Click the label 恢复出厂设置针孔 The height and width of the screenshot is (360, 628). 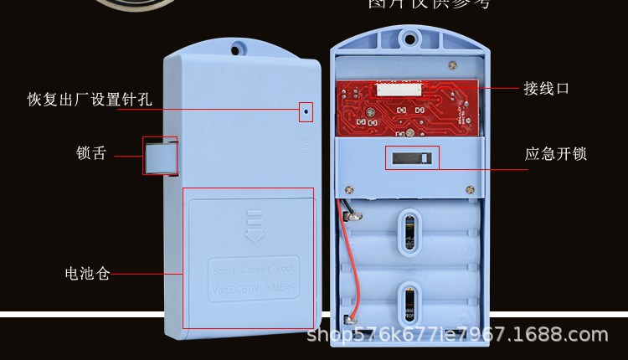pyautogui.click(x=90, y=100)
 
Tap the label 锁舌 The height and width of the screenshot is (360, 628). pyautogui.click(x=91, y=153)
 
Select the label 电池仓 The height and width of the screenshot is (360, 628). pyautogui.click(x=88, y=274)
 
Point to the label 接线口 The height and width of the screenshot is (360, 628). pyautogui.click(x=547, y=88)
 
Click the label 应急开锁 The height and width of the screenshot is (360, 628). pyautogui.click(x=556, y=154)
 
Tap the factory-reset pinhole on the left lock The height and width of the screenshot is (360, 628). pyautogui.click(x=306, y=110)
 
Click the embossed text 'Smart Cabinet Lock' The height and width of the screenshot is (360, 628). pyautogui.click(x=251, y=270)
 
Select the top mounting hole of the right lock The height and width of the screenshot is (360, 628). pyautogui.click(x=409, y=36)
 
